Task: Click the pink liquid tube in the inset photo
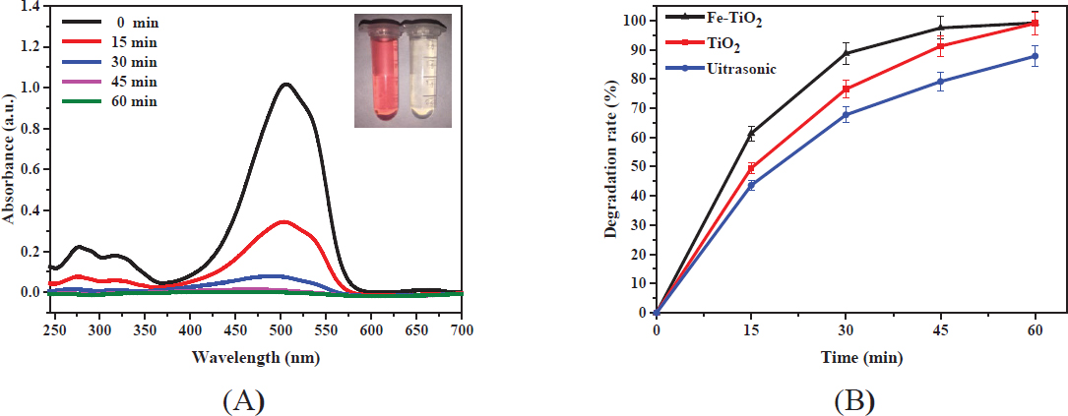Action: (x=382, y=73)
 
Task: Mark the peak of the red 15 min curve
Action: (x=283, y=221)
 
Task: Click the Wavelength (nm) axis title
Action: (x=254, y=357)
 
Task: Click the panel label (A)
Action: (x=244, y=400)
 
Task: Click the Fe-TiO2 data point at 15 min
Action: (x=751, y=133)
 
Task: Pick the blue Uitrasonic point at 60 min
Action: (x=1035, y=56)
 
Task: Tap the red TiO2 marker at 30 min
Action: (x=846, y=89)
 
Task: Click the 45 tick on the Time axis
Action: (x=940, y=330)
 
